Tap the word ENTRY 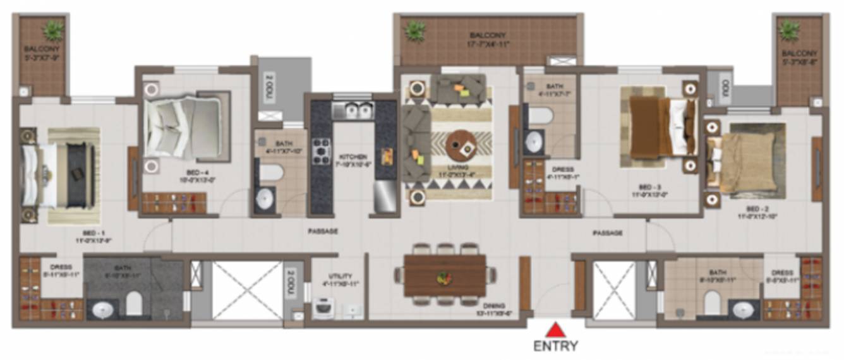[555, 345]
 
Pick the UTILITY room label [340, 277]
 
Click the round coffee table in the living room [462, 146]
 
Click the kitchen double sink [353, 112]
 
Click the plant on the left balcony [53, 29]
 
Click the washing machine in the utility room [323, 309]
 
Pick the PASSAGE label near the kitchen [323, 232]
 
